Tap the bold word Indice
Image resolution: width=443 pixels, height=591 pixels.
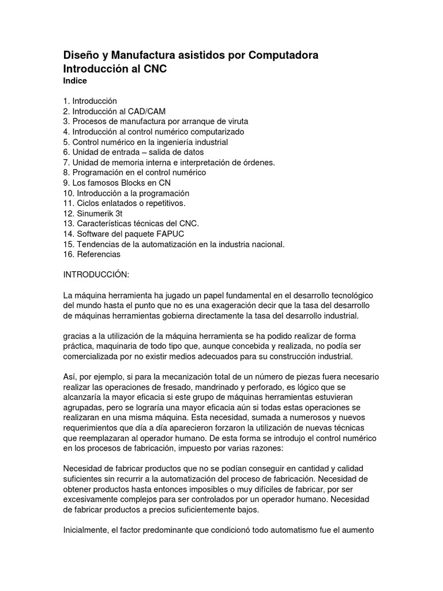75,81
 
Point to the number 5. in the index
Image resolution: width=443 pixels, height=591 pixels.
67,142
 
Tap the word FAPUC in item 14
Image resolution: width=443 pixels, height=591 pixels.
159,234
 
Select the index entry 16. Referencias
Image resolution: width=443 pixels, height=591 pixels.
92,254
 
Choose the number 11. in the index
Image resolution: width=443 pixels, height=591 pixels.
69,203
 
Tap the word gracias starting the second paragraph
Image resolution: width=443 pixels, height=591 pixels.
77,336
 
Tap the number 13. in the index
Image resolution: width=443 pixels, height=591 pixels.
69,223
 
